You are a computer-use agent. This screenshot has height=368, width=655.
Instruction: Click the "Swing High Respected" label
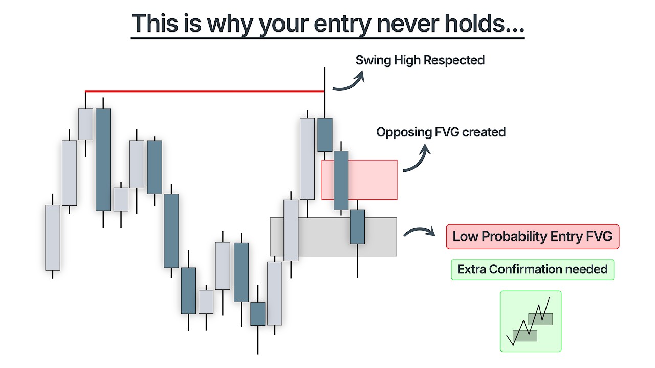pyautogui.click(x=420, y=60)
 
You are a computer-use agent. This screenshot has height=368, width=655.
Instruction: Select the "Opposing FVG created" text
pyautogui.click(x=441, y=132)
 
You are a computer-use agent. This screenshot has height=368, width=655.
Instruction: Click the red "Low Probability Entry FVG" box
pyautogui.click(x=532, y=237)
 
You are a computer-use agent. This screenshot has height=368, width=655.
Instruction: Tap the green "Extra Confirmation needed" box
pyautogui.click(x=532, y=269)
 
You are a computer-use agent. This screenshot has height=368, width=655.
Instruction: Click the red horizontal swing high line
pyautogui.click(x=205, y=91)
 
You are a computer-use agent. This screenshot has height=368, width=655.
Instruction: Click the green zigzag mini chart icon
pyautogui.click(x=530, y=321)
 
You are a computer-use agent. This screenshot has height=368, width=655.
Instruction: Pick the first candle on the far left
pyautogui.click(x=53, y=238)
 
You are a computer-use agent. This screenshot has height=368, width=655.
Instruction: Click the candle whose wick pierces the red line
pyautogui.click(x=324, y=134)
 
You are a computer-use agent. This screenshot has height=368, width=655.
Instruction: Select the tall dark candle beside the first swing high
pyautogui.click(x=103, y=159)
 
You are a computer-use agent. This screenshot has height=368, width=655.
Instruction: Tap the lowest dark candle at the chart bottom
pyautogui.click(x=257, y=313)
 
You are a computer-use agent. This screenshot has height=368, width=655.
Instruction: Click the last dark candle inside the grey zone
pyautogui.click(x=357, y=226)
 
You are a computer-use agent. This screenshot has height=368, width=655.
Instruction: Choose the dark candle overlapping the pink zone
pyautogui.click(x=341, y=180)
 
